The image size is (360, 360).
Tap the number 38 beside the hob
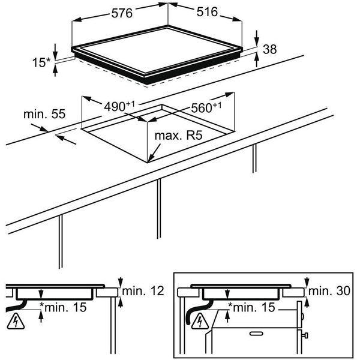pos(270,50)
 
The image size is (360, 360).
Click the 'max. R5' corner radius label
pos(178,136)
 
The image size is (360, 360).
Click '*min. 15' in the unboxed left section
pos(63,308)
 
